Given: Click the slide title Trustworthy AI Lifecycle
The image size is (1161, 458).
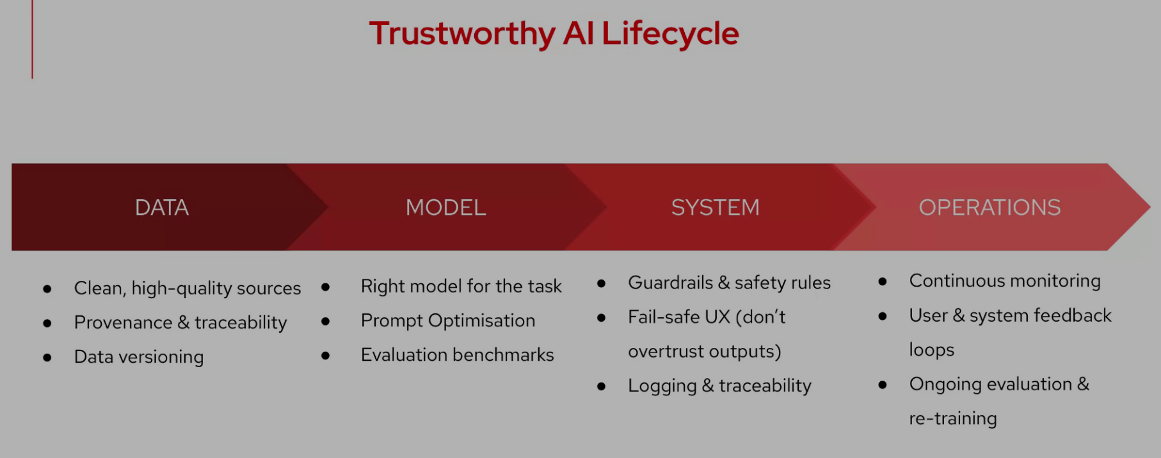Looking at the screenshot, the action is [x=554, y=34].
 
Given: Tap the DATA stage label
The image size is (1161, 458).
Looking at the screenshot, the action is [x=162, y=207].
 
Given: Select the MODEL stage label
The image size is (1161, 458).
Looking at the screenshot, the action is [x=446, y=207].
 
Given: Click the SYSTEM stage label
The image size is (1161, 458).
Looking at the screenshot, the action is [x=716, y=207].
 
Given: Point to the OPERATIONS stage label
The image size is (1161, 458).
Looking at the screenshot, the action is [x=990, y=207].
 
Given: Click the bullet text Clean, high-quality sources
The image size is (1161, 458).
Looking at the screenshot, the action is [x=188, y=288].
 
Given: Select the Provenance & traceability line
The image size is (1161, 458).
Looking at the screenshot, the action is [x=180, y=322].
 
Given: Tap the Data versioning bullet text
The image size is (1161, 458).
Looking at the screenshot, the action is [x=139, y=357].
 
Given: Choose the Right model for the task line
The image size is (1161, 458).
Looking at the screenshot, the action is [x=461, y=286].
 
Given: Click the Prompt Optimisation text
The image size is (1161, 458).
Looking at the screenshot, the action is [x=448, y=320].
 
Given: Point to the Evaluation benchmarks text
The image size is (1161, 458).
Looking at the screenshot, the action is [x=458, y=355].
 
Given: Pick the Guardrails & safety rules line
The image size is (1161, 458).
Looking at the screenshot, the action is [x=730, y=283].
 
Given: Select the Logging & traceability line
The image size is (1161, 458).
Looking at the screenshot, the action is [x=720, y=386].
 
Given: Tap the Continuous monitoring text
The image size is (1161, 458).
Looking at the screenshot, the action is [x=1005, y=281].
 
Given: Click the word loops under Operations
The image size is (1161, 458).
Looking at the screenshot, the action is [x=932, y=350].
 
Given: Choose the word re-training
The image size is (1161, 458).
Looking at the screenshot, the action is [x=953, y=418].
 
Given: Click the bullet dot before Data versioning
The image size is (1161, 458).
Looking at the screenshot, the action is [x=47, y=358].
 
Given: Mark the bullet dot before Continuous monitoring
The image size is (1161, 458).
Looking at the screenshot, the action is [x=883, y=281].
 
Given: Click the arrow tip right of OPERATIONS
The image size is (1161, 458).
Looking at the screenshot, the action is [x=1150, y=207].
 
